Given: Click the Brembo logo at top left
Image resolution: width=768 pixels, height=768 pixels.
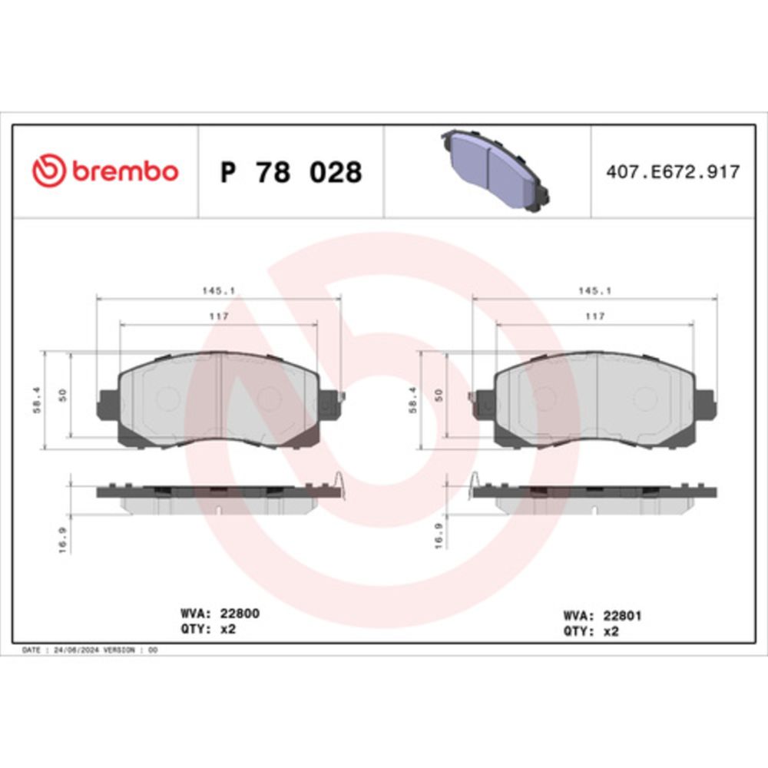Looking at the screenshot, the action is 105,170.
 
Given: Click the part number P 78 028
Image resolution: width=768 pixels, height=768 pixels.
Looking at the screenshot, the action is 291,172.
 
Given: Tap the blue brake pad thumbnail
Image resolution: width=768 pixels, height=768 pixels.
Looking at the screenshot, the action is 495,170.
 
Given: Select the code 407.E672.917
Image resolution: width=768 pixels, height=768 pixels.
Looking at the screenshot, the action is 673,172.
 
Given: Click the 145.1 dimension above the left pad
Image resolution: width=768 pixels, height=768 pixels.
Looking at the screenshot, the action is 218,290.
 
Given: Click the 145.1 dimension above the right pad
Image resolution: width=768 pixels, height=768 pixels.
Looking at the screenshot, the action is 594,290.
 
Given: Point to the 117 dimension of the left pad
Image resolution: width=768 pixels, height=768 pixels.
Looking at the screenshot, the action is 218,316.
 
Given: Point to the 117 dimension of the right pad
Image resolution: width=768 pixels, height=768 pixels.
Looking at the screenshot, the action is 594,316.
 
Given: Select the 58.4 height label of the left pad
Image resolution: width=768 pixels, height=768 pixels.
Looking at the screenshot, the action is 37,400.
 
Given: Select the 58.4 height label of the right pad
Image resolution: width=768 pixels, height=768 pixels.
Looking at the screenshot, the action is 413,400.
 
